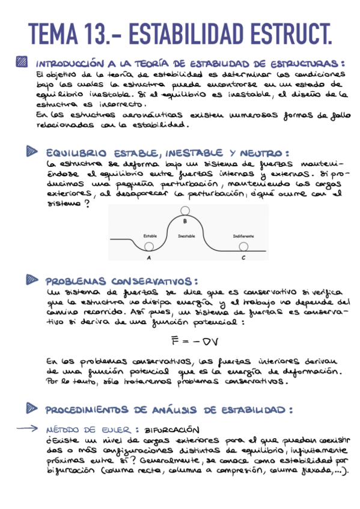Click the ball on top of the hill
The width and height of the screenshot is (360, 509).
[x=185, y=211]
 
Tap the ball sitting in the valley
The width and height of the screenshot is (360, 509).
[x=148, y=246]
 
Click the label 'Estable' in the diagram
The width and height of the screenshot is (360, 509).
[x=150, y=236]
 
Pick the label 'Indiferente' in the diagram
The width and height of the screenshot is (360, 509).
[x=243, y=236]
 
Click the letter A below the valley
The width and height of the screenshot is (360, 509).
[x=148, y=258]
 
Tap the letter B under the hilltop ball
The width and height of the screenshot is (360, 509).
[x=185, y=221]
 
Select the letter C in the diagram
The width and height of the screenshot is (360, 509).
[x=243, y=258]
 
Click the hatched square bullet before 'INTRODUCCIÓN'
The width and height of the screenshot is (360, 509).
[x=22, y=62]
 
